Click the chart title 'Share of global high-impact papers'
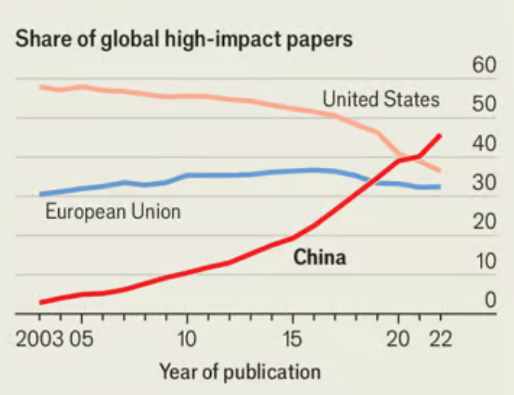[184, 39]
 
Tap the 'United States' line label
[381, 99]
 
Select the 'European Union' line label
[113, 212]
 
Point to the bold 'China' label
[319, 257]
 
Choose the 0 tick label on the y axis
[490, 301]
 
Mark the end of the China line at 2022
[440, 134]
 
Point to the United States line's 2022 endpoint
[440, 171]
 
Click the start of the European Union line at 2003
[40, 194]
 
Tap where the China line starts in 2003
[40, 302]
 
